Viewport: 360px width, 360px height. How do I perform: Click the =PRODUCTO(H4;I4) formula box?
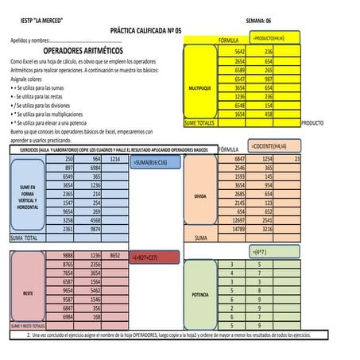(269, 38)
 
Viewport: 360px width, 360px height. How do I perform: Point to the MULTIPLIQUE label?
(199, 87)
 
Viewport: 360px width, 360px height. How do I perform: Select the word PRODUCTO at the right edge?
(314, 123)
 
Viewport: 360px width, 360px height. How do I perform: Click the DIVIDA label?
(199, 195)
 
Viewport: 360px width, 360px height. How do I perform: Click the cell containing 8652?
(114, 254)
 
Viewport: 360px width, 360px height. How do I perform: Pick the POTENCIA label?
(199, 293)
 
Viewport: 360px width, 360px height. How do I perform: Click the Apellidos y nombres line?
(64, 39)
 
